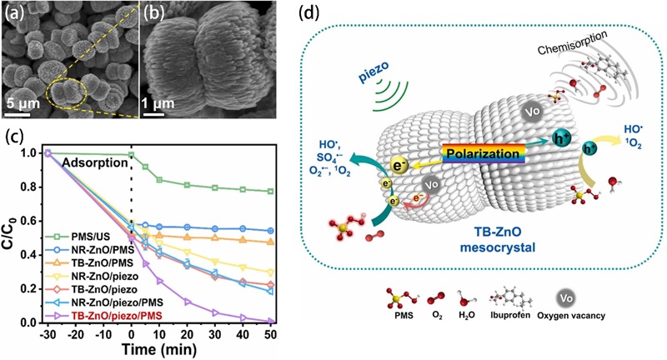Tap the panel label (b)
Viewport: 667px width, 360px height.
(x=155, y=13)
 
